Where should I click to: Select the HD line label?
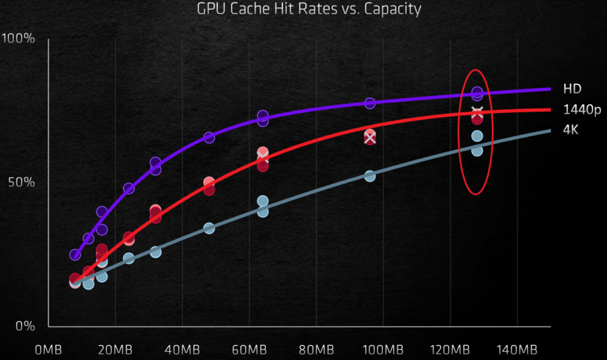pyautogui.click(x=572, y=89)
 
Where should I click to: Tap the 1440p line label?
pyautogui.click(x=582, y=110)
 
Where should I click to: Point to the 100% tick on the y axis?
pyautogui.click(x=18, y=39)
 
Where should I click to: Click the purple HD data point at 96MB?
pyautogui.click(x=370, y=103)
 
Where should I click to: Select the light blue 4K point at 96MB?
pyautogui.click(x=370, y=176)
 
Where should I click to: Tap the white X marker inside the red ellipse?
pyautogui.click(x=477, y=112)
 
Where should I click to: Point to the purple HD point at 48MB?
pyautogui.click(x=209, y=138)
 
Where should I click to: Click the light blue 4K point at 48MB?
pyautogui.click(x=209, y=228)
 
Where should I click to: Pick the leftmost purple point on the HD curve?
pyautogui.click(x=75, y=255)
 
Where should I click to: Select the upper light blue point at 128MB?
pyautogui.click(x=477, y=136)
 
